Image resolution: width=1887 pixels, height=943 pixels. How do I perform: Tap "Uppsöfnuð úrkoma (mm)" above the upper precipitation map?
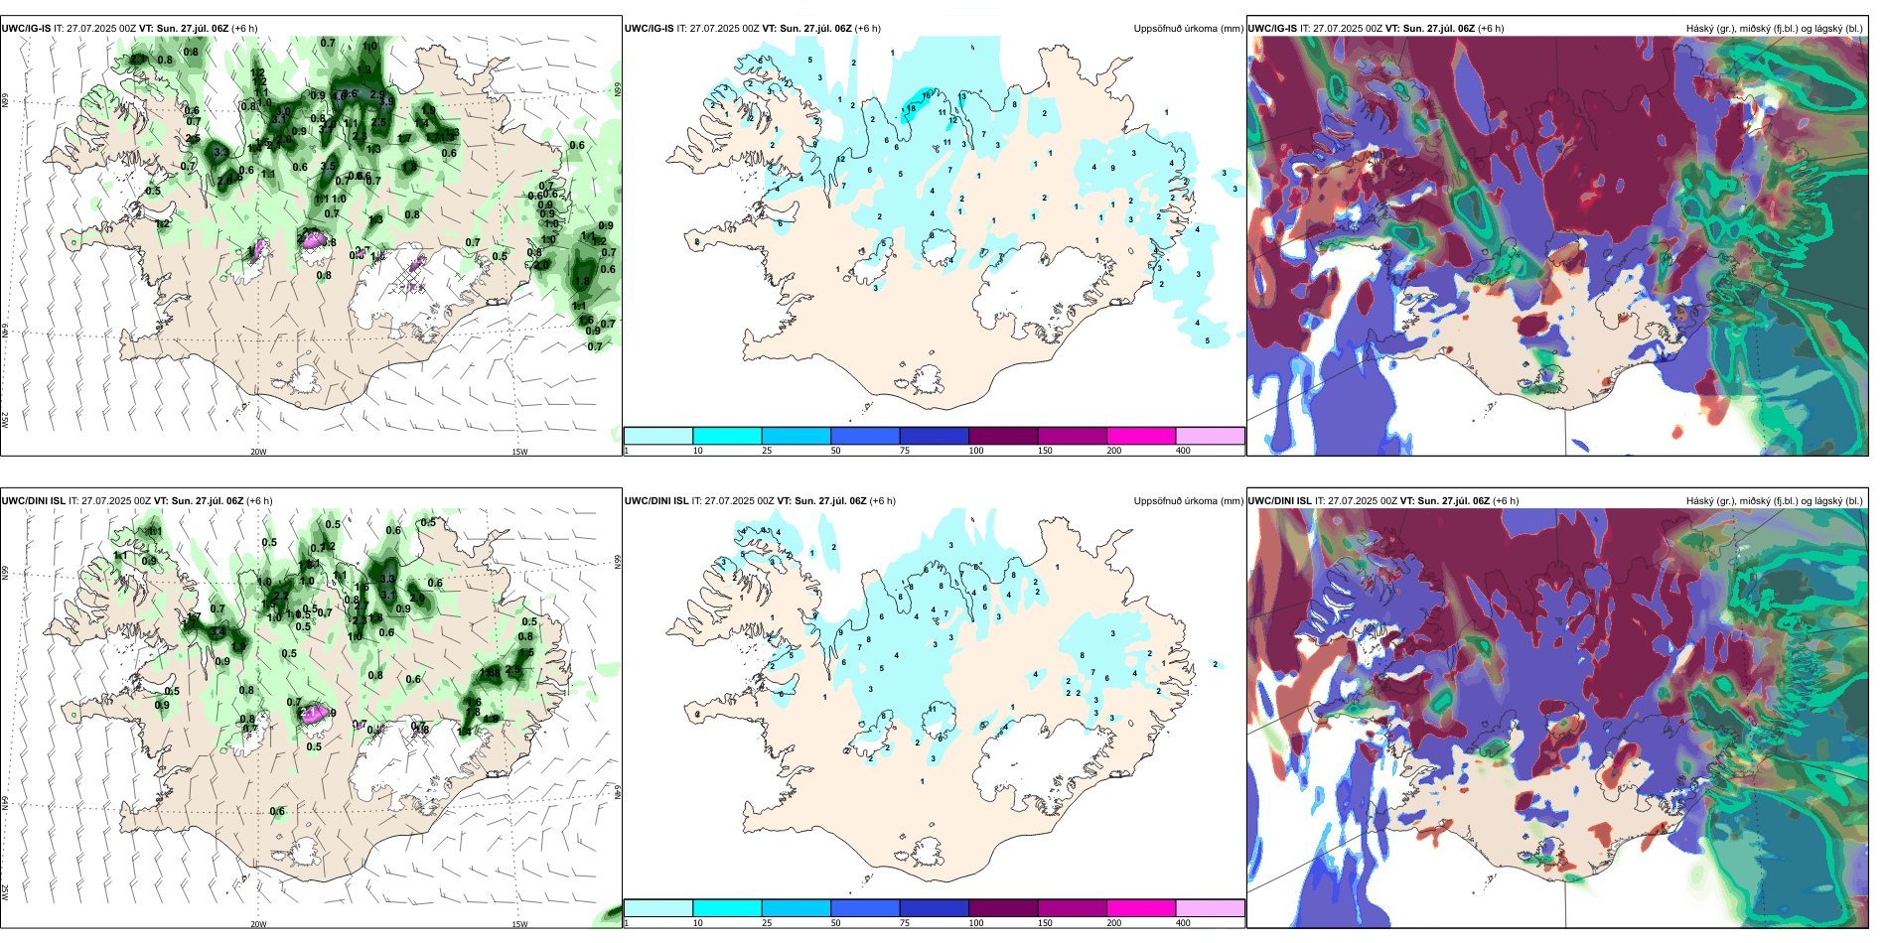point(1188,28)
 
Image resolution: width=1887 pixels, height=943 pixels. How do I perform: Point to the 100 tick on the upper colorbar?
point(976,451)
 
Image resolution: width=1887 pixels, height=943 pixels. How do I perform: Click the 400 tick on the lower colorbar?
point(1183,923)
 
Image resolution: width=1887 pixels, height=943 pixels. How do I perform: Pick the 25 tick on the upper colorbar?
point(767,451)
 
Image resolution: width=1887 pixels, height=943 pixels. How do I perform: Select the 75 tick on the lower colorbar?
point(905,923)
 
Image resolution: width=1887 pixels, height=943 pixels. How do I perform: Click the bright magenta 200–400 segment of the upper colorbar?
point(1140,436)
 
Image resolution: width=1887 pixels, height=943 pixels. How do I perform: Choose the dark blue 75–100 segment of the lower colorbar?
point(934,908)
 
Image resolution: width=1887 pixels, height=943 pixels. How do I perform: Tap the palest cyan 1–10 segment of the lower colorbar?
point(657,908)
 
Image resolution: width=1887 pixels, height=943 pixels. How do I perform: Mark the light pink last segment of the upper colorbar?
point(1210,436)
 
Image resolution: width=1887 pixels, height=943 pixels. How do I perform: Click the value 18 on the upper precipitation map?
point(911,108)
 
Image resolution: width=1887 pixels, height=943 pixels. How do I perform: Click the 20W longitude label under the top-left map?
point(258,452)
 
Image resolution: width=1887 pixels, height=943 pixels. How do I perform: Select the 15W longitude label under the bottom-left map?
point(519,924)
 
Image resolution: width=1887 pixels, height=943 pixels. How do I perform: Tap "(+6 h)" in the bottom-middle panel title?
point(880,500)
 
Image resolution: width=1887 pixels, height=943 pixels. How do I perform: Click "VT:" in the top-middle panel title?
point(770,28)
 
